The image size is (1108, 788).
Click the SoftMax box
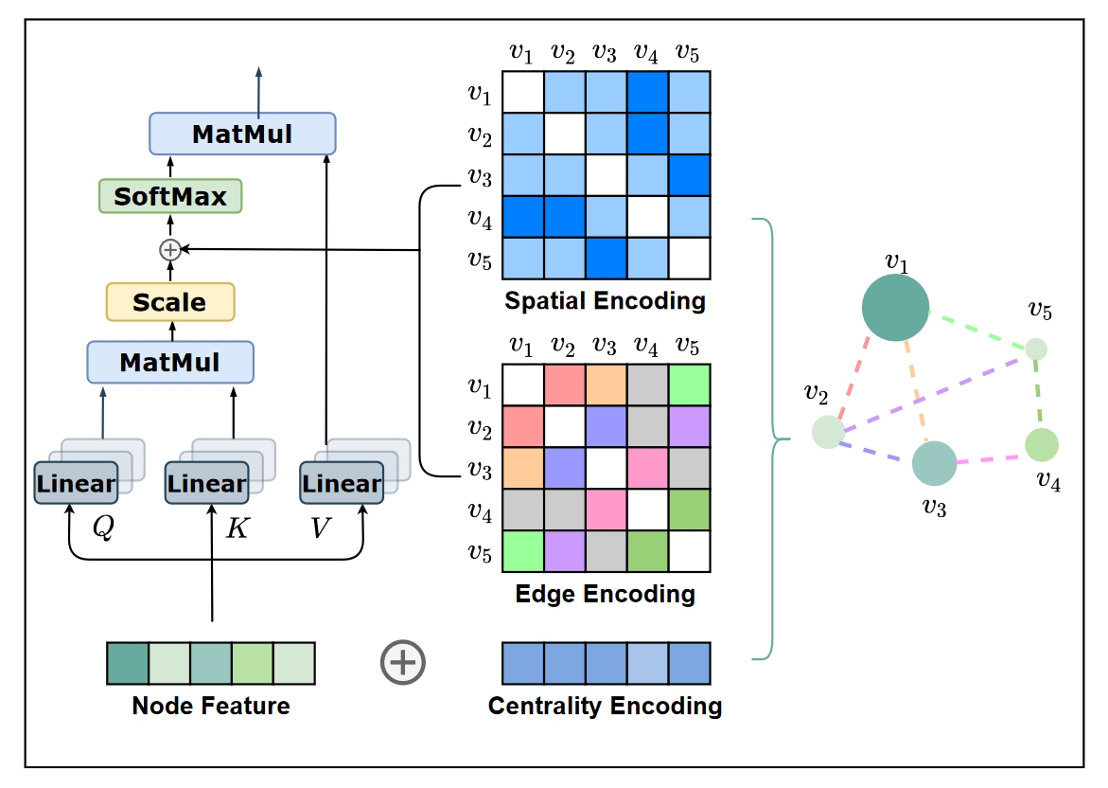point(170,196)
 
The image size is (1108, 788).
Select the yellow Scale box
point(170,302)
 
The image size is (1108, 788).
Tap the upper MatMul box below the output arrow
point(242,134)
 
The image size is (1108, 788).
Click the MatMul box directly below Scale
point(170,362)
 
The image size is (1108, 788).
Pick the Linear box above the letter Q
point(77,482)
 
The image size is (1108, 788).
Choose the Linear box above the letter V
point(342,482)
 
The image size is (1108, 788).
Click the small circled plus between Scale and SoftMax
point(170,250)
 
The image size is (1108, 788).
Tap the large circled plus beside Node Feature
point(403,663)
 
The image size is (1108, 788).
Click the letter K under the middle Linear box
point(237,528)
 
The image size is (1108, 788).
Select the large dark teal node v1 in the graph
point(895,308)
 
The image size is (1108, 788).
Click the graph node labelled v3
point(934,463)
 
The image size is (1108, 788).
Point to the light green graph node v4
point(1042,445)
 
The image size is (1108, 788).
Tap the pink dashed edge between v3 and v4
point(991,459)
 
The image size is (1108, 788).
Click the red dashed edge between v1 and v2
point(853,378)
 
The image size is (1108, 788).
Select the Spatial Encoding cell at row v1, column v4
point(647,92)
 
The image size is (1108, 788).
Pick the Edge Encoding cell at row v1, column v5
point(689,385)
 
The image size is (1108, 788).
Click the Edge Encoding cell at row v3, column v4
point(647,468)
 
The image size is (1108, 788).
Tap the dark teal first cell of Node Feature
point(128,664)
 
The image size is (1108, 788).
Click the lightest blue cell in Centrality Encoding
point(647,664)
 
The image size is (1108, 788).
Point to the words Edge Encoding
point(605,594)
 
